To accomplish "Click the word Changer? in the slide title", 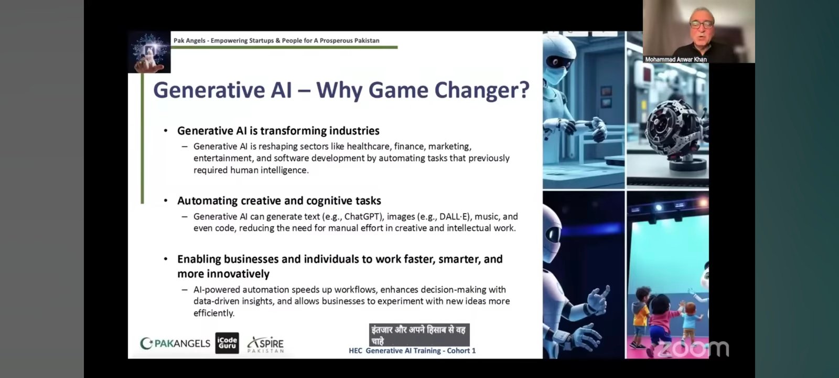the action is tap(482, 90).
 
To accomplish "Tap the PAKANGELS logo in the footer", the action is tap(175, 343).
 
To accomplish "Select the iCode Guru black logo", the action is tap(227, 343).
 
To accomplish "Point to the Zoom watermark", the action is tap(693, 349).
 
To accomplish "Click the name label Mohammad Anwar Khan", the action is tap(676, 59).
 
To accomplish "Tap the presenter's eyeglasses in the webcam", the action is tap(702, 25).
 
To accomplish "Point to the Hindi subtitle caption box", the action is tap(419, 335).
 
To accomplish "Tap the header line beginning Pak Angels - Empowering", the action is tap(276, 40).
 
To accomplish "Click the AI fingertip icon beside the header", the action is tap(149, 52).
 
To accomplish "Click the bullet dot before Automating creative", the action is tap(166, 201).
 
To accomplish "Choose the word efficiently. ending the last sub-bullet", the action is tap(214, 313).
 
